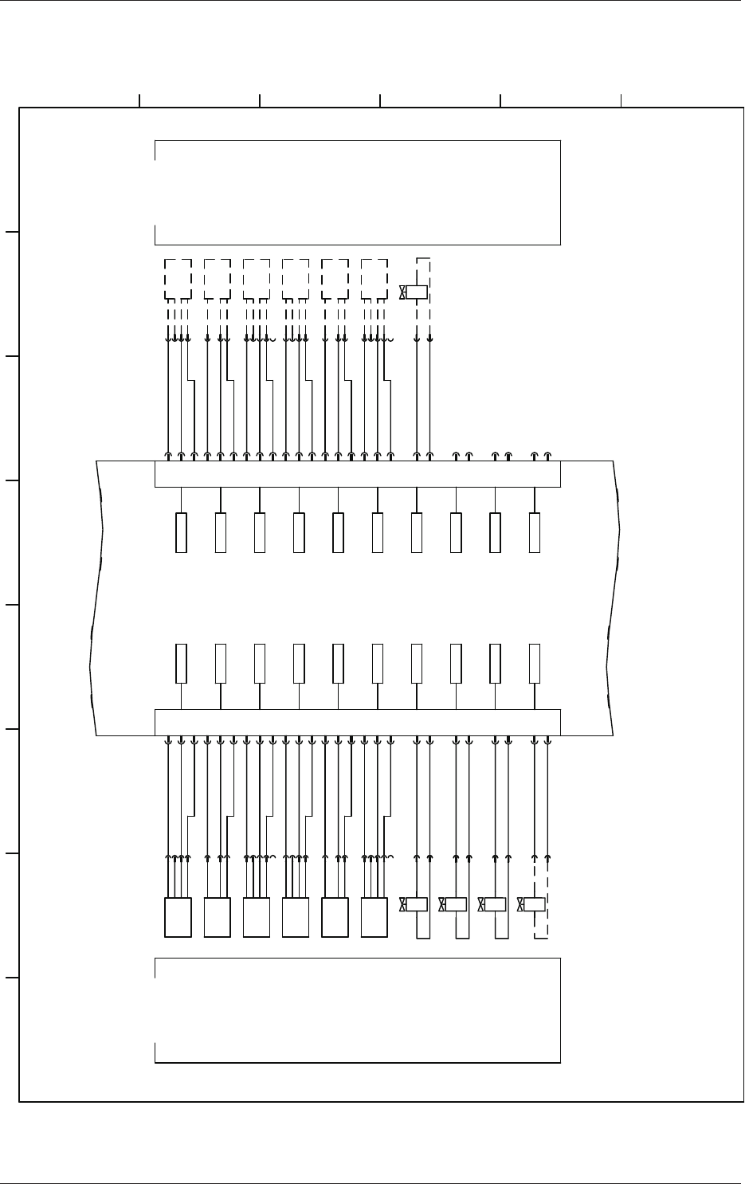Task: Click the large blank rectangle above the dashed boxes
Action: coord(357,192)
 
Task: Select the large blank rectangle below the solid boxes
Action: coord(357,1010)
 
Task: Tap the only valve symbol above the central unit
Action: coord(415,292)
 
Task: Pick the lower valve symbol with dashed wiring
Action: coord(532,904)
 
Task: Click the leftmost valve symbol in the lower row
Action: coord(415,904)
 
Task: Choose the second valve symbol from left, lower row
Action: coord(454,904)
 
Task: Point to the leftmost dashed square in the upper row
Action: coord(178,278)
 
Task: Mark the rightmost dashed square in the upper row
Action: coord(374,278)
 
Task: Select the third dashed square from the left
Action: coord(257,278)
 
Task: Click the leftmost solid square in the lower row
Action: coord(178,917)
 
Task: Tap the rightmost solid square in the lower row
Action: coord(374,917)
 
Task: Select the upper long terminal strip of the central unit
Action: coord(357,474)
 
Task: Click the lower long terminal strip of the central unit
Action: coord(357,722)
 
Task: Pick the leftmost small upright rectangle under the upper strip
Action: coord(181,533)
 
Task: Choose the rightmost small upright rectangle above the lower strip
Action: coord(535,663)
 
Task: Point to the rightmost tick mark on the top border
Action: coord(621,100)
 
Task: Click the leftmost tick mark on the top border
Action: coord(139,100)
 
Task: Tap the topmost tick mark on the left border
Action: coord(12,233)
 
